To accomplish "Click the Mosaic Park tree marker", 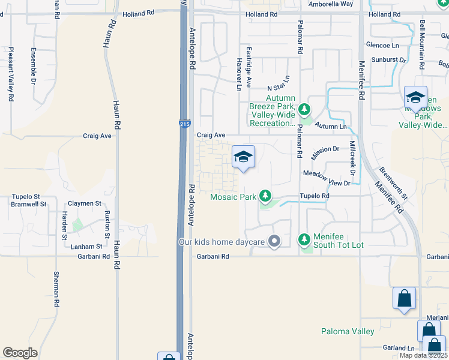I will click(x=265, y=196).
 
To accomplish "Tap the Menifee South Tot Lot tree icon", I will click(x=304, y=240).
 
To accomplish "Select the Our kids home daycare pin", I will click(x=275, y=242).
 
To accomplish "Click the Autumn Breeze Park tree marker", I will click(x=304, y=109).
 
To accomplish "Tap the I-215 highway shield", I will click(x=185, y=123).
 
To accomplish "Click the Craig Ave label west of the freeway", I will click(x=97, y=136).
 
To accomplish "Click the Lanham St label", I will click(x=86, y=247).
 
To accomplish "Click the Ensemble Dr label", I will click(x=34, y=65).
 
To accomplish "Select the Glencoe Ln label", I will click(x=382, y=46).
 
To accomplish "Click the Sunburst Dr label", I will click(x=389, y=60).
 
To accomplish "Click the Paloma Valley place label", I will click(x=348, y=331).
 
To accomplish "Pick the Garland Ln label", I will click(x=399, y=348).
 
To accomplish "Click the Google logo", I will click(x=20, y=353).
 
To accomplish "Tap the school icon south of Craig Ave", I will click(x=243, y=157).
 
